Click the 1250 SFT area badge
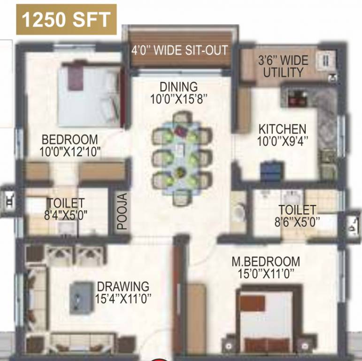66,20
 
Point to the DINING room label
178,87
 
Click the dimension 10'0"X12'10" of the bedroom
70,151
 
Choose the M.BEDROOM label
266,261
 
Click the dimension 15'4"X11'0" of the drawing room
123,298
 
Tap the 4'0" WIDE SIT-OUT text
179,50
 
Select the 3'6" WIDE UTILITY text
283,66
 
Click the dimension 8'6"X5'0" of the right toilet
297,221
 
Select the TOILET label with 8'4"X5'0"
65,203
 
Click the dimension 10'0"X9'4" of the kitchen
283,140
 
